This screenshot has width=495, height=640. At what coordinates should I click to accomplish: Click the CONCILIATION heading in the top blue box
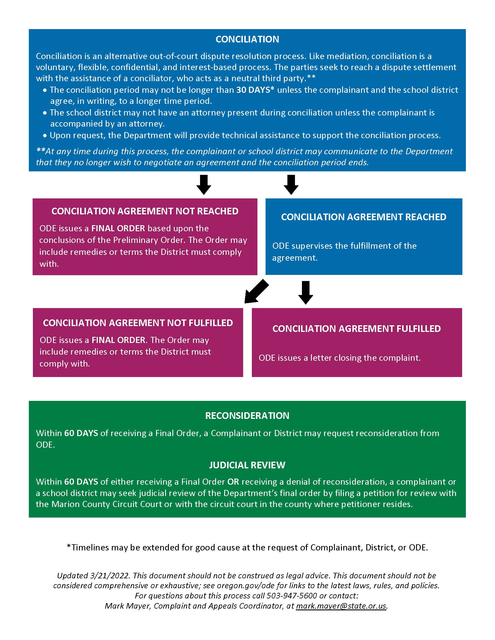247,39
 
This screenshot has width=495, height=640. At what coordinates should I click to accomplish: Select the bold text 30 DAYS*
255,90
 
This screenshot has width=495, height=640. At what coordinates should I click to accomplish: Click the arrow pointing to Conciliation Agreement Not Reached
204,185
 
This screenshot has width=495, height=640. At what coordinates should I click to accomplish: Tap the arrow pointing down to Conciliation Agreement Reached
291,185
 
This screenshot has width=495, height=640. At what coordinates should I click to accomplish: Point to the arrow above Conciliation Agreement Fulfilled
305,292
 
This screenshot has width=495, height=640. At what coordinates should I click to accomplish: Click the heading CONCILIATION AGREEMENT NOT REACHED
145,211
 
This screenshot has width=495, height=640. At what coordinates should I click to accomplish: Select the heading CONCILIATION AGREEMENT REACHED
364,217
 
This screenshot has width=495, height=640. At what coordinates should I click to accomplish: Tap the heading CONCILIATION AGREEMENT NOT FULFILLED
138,323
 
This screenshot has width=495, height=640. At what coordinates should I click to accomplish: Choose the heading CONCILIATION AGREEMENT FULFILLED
357,329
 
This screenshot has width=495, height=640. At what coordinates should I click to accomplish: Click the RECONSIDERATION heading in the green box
247,415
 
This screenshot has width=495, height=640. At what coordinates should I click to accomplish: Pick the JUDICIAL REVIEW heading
247,465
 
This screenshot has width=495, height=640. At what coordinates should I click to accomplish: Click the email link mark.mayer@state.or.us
341,606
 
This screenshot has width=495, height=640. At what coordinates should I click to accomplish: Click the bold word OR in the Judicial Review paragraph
233,482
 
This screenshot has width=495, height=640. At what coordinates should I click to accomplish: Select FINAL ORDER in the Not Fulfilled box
118,340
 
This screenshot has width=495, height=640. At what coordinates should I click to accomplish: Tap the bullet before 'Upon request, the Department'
45,135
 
